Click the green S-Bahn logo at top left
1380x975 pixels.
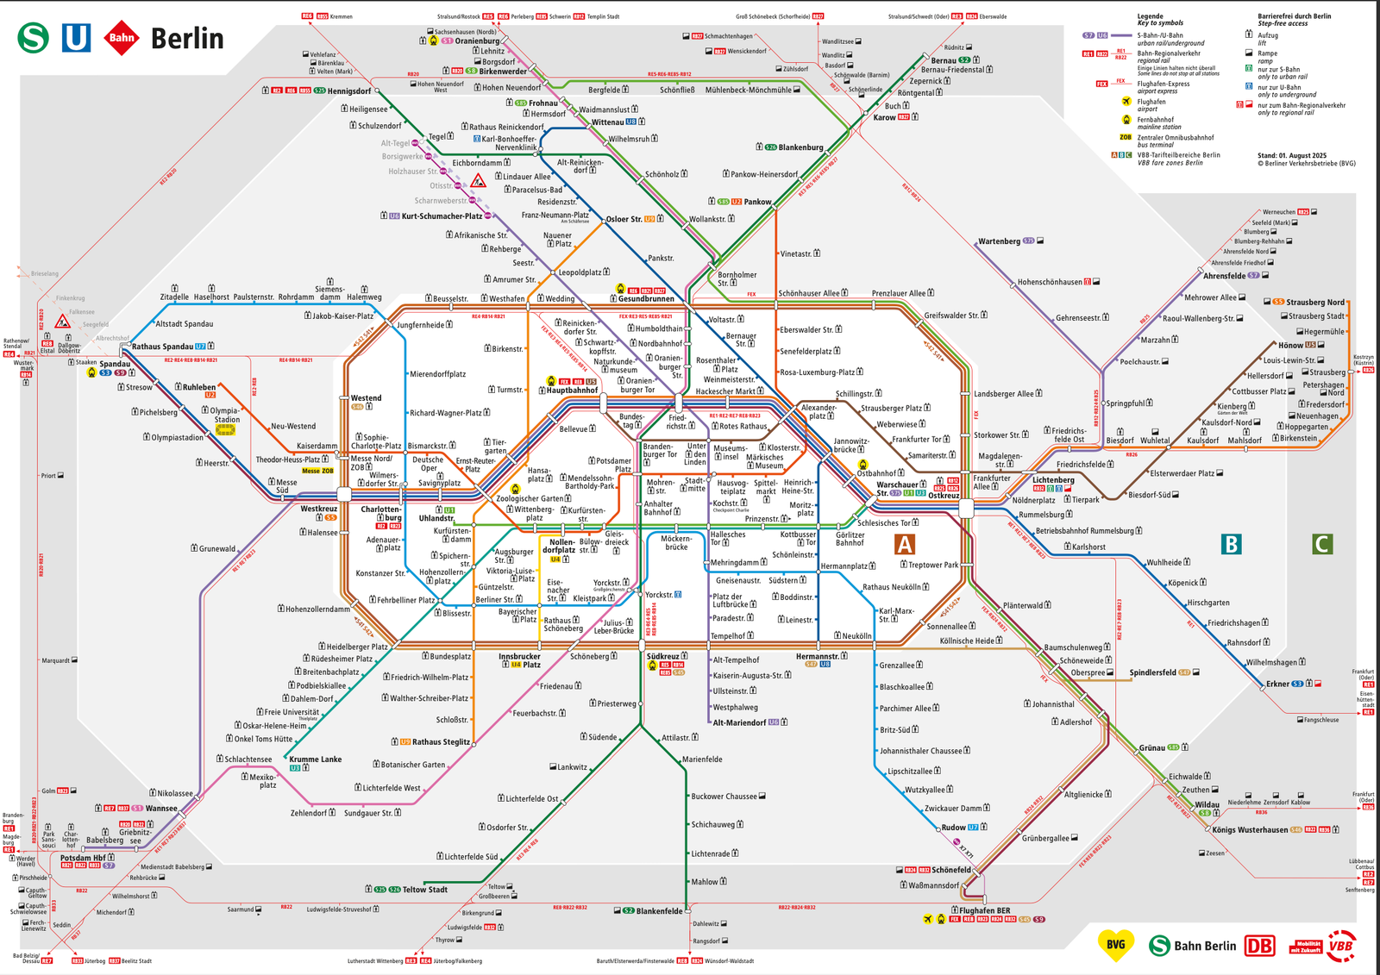click(34, 38)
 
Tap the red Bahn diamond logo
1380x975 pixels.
click(122, 38)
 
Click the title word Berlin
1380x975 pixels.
click(186, 39)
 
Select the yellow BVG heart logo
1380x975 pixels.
click(1115, 945)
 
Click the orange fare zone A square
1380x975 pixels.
click(904, 545)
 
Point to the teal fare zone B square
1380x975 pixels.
click(1232, 545)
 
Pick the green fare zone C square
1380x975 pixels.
click(1321, 545)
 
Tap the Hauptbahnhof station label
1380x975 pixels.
click(572, 391)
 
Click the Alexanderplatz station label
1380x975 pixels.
click(819, 412)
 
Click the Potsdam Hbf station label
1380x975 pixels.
click(82, 858)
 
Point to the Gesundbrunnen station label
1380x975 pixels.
click(646, 299)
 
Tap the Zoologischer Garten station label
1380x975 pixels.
click(529, 498)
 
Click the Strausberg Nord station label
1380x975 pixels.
click(1315, 303)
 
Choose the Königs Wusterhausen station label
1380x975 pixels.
click(1250, 830)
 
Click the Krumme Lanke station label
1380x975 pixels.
click(315, 759)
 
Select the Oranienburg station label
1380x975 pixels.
click(477, 41)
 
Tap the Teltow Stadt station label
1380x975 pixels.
click(425, 890)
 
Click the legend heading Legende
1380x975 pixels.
click(1150, 16)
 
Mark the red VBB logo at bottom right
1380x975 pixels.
click(1340, 946)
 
